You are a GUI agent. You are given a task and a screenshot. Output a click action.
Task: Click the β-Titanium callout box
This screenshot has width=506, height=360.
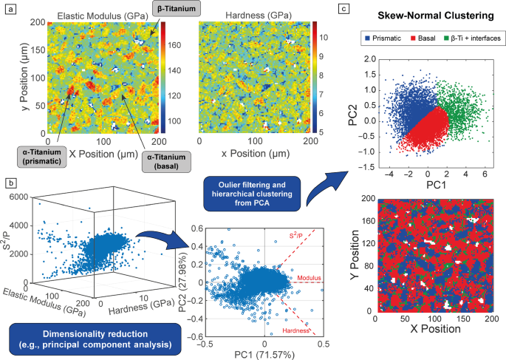click(x=177, y=8)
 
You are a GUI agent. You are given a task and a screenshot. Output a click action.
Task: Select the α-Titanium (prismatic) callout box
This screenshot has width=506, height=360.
click(x=42, y=157)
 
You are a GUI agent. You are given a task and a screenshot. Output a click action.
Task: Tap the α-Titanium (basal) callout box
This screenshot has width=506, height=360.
click(x=166, y=161)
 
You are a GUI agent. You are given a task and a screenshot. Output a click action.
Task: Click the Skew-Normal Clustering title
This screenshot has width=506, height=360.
click(x=436, y=16)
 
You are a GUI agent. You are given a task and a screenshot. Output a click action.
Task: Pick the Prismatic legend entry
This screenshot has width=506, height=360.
click(x=383, y=38)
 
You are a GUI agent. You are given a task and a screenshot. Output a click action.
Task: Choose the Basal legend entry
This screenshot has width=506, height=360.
click(x=423, y=38)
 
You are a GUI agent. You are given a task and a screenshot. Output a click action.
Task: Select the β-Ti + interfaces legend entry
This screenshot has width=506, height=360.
click(x=473, y=38)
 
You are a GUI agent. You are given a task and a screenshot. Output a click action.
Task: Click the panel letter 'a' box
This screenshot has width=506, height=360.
click(x=11, y=10)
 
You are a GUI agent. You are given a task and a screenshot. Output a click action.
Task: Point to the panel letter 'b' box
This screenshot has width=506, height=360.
click(x=11, y=183)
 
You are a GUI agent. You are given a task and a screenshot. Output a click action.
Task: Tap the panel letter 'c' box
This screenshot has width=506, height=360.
click(x=343, y=8)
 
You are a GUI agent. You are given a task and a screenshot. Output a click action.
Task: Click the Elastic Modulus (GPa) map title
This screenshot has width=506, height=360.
click(x=103, y=16)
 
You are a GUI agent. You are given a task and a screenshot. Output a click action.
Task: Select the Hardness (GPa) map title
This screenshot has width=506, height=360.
click(x=259, y=16)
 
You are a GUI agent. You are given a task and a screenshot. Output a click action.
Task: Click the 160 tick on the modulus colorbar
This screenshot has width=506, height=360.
click(x=174, y=45)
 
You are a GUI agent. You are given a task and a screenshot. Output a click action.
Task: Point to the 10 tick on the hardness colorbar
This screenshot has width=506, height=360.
click(x=324, y=38)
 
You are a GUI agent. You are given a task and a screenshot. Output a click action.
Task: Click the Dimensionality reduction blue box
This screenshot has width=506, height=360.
click(x=95, y=339)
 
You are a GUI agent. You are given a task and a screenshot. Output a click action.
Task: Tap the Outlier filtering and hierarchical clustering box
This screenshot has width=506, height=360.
click(x=252, y=194)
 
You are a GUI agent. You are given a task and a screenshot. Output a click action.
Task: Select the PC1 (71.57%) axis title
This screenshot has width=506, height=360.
click(x=264, y=355)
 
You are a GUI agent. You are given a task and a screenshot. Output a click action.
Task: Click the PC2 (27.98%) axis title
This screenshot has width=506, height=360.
click(x=183, y=284)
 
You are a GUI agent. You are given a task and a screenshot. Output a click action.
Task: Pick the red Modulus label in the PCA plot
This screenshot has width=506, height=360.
click(x=310, y=278)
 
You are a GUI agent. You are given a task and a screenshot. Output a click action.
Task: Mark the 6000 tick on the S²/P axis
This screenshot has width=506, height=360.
click(x=20, y=197)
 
